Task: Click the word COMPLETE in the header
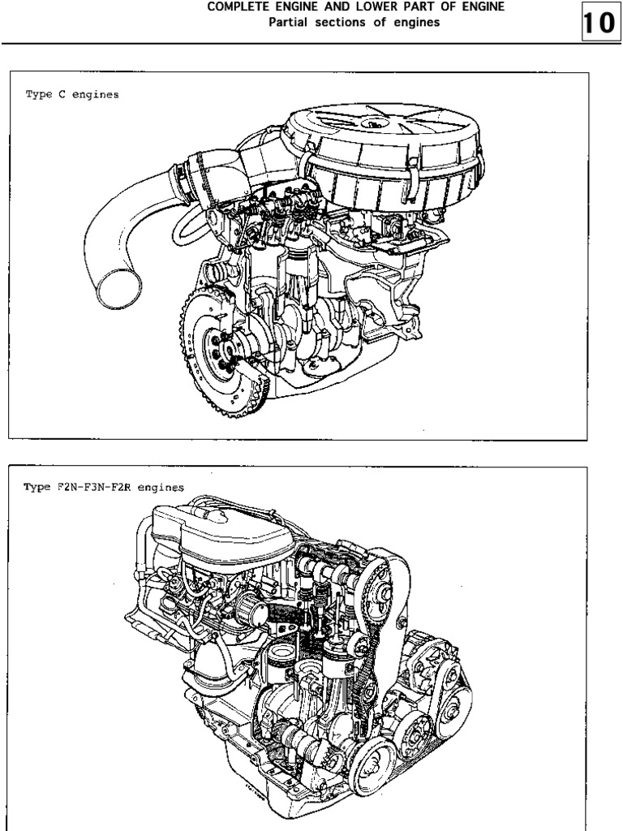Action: pos(237,7)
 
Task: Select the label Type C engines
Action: pos(72,95)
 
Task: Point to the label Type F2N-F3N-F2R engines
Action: pos(104,488)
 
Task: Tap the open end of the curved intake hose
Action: pos(118,288)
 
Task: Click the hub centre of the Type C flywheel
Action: pos(221,351)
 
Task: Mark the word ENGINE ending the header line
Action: pos(480,7)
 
